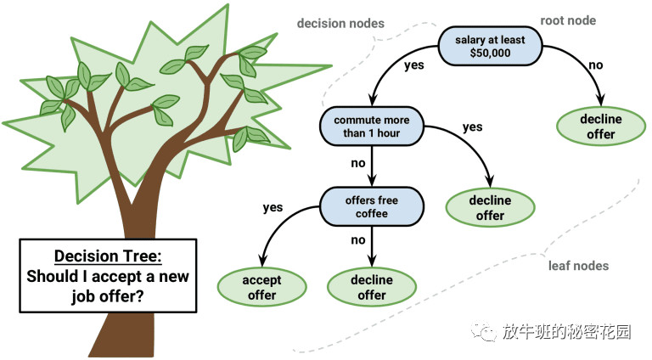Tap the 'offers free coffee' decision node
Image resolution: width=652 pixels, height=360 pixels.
[x=371, y=206]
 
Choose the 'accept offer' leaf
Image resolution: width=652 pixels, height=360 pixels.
[x=261, y=287]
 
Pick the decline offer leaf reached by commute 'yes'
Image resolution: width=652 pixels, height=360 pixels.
[x=490, y=207]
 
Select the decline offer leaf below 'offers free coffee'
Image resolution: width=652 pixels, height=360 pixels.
[x=371, y=287]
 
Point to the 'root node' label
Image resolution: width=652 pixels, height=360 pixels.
[x=568, y=20]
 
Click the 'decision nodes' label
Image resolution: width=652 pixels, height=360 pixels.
[x=340, y=23]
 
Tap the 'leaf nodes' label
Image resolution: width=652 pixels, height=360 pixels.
[x=577, y=266]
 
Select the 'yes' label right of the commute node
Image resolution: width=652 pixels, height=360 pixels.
[x=472, y=127]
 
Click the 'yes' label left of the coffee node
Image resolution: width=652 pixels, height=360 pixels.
[x=273, y=206]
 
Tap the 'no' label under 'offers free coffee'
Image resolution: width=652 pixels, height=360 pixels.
[x=360, y=240]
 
